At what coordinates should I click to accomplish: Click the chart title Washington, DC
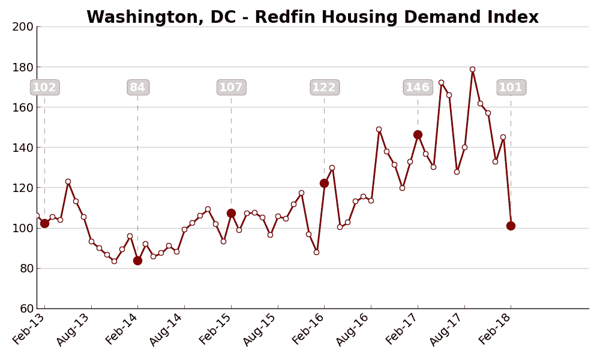pyautogui.click(x=312, y=17)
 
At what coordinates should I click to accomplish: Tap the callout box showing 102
pyautogui.click(x=44, y=88)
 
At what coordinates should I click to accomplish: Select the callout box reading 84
pyautogui.click(x=138, y=88)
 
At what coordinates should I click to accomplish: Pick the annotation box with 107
pyautogui.click(x=231, y=88)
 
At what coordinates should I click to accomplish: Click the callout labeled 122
pyautogui.click(x=325, y=88)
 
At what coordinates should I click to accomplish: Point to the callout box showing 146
pyautogui.click(x=418, y=88)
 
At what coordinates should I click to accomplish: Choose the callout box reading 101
pyautogui.click(x=511, y=88)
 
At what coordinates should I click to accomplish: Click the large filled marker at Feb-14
pyautogui.click(x=137, y=260)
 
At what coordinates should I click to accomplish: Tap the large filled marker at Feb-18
pyautogui.click(x=511, y=226)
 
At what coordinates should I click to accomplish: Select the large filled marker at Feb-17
pyautogui.click(x=418, y=135)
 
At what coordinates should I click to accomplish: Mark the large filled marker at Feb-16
pyautogui.click(x=324, y=183)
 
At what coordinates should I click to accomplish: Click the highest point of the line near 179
pyautogui.click(x=472, y=69)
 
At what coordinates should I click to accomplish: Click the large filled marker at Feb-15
pyautogui.click(x=231, y=213)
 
